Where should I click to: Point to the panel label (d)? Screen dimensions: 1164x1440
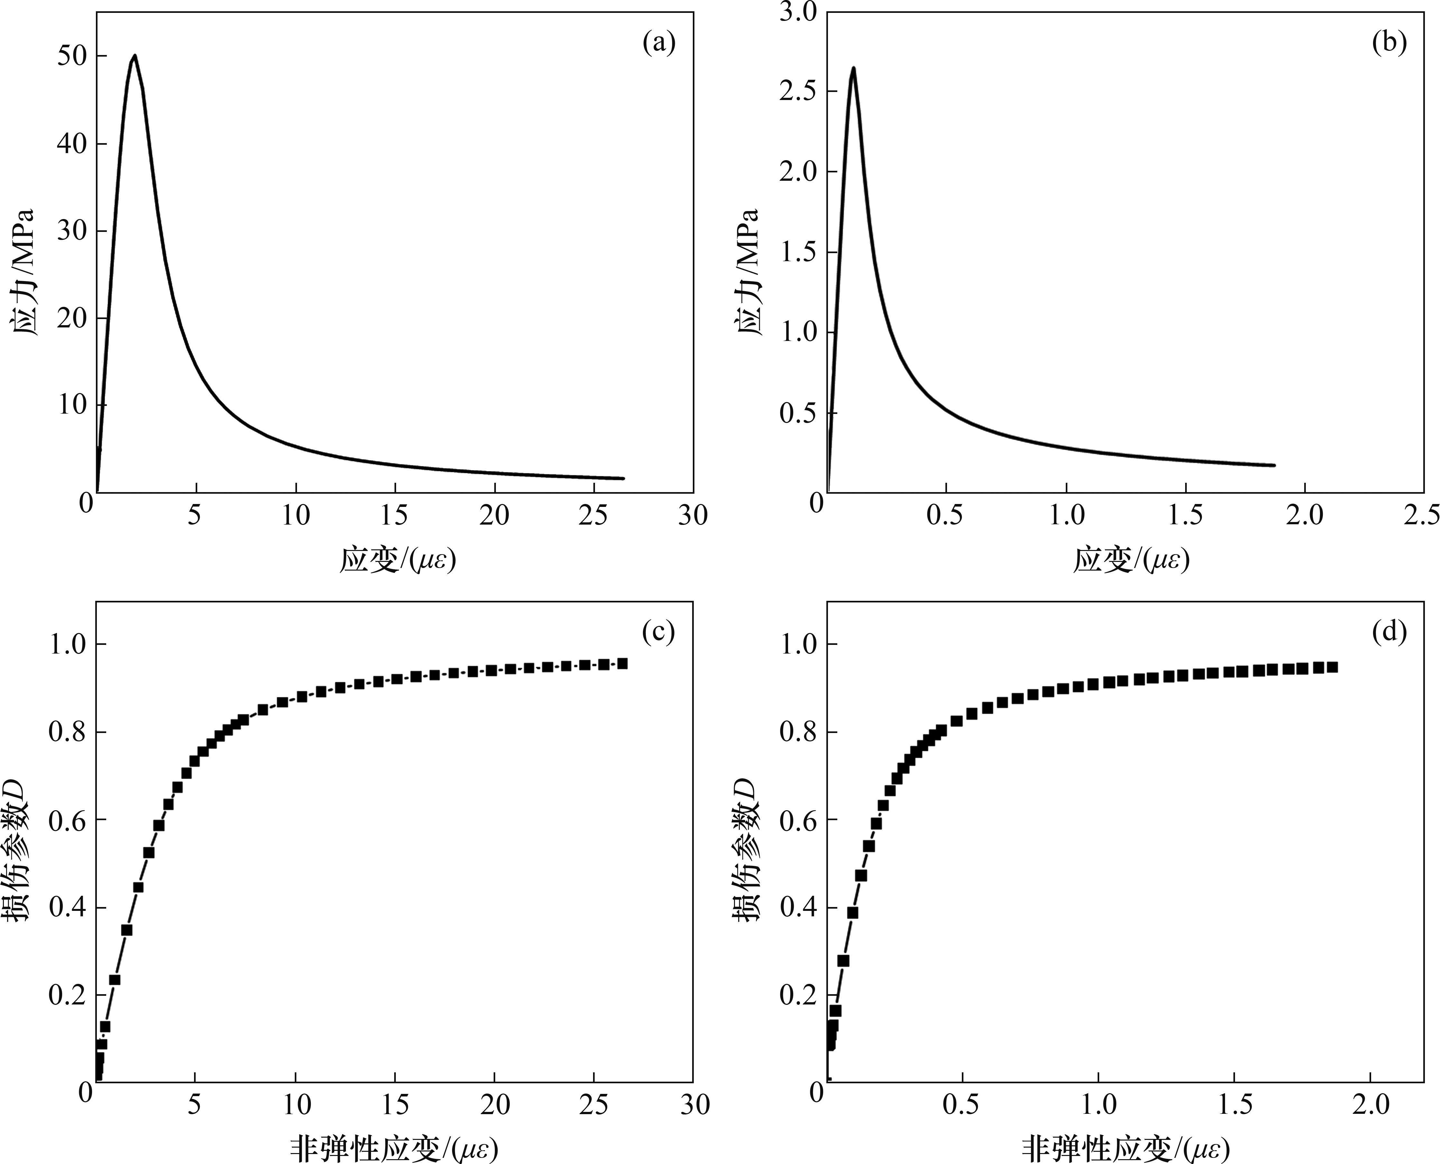1389,632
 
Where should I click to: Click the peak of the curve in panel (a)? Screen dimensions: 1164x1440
135,56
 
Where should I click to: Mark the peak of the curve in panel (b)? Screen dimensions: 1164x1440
853,68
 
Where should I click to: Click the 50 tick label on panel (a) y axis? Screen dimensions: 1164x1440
72,56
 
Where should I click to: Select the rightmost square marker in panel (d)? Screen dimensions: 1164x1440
1332,667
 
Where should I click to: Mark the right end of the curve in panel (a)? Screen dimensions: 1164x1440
623,478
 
